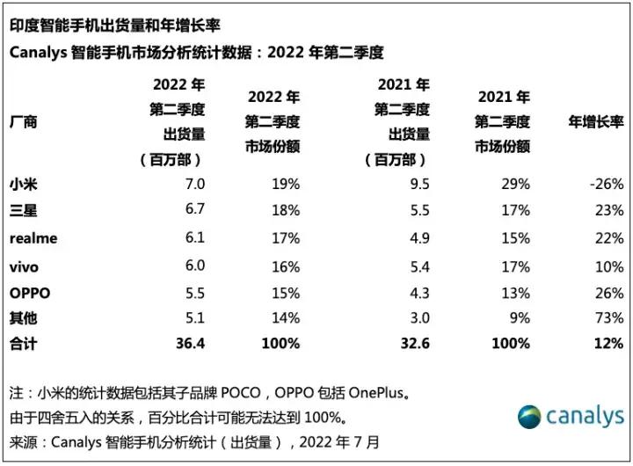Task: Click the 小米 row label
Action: (24, 185)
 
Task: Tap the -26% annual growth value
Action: (607, 185)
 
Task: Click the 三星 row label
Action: (24, 211)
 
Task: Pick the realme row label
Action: (33, 237)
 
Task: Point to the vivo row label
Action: (25, 265)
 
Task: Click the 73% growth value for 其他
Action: (608, 317)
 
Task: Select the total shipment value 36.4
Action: (189, 344)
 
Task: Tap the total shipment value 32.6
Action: (414, 344)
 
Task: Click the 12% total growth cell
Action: (608, 344)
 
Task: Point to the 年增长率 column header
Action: (596, 122)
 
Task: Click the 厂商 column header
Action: (24, 122)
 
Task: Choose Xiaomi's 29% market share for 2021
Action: (515, 185)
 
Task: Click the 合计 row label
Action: (24, 344)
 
